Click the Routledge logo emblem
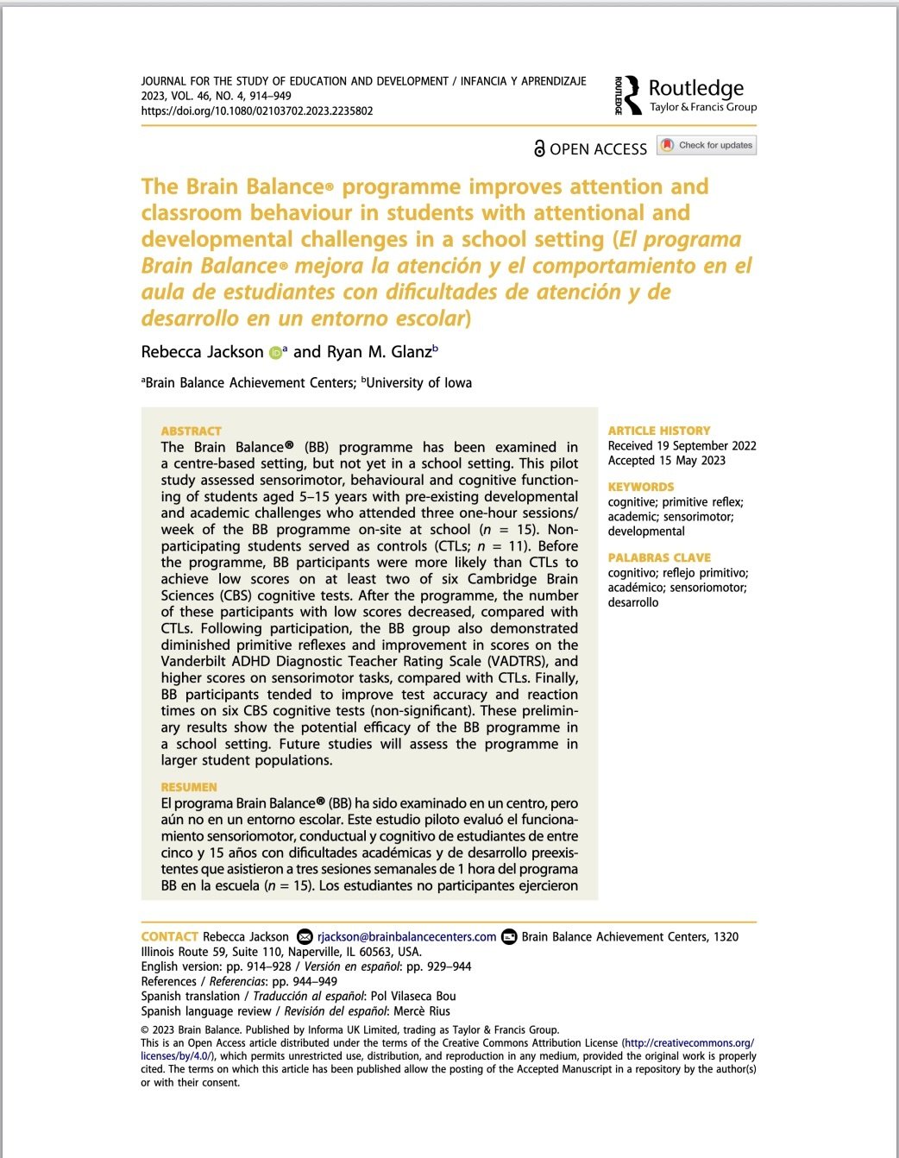click(631, 95)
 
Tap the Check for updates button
click(707, 145)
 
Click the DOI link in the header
click(256, 111)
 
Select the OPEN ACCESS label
click(590, 148)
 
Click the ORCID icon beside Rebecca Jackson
click(275, 352)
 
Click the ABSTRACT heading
click(191, 431)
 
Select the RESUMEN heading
click(189, 787)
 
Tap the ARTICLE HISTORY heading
click(659, 431)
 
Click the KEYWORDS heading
click(641, 487)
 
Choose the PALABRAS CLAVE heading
click(659, 557)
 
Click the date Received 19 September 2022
click(682, 446)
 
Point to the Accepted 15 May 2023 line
click(666, 461)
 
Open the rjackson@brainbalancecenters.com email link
click(406, 937)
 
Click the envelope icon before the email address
click(305, 937)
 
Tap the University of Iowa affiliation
click(418, 382)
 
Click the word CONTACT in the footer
click(170, 937)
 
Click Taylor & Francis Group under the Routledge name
click(702, 108)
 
